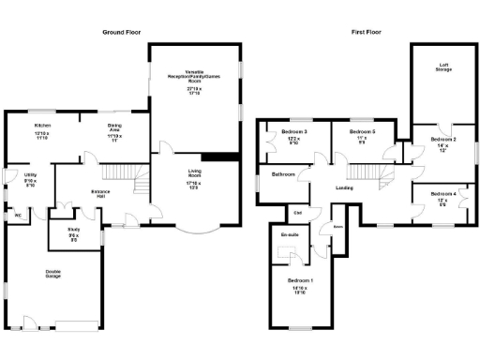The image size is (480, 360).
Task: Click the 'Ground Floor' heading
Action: (x=121, y=32)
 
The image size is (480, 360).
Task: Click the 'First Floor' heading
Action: (x=370, y=32)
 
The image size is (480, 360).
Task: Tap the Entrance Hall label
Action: (x=102, y=192)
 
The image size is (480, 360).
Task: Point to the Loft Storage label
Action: (x=443, y=67)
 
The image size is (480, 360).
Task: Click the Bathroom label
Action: (x=284, y=175)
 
